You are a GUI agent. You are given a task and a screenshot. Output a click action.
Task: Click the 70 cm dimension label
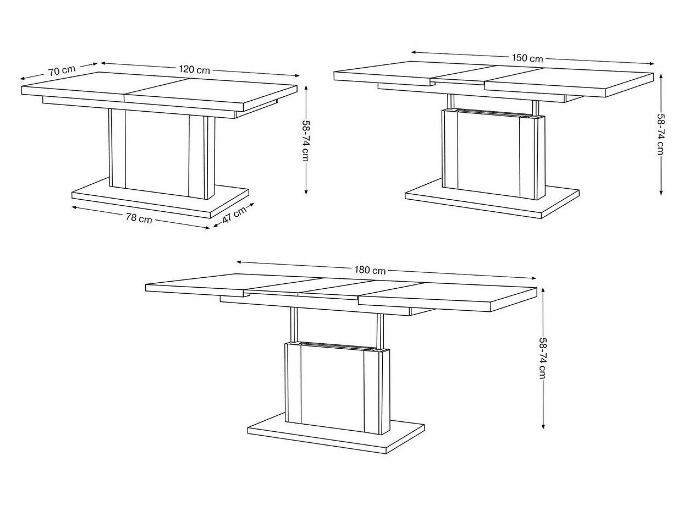[x=62, y=70]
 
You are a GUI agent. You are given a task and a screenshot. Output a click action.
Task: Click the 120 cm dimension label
[x=194, y=69]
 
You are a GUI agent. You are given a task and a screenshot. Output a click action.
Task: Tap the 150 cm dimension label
[x=527, y=58]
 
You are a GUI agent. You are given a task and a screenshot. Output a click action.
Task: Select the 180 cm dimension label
[x=370, y=270]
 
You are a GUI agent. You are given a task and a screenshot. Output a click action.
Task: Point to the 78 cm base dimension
[x=139, y=218]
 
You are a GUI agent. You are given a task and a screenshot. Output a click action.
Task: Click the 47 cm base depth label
[x=234, y=215]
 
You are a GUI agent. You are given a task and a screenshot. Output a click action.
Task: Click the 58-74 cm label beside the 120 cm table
[x=306, y=141]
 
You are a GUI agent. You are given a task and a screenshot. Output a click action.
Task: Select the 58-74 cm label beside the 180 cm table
[x=543, y=358]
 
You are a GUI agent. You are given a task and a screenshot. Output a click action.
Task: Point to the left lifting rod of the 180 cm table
[x=294, y=324]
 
